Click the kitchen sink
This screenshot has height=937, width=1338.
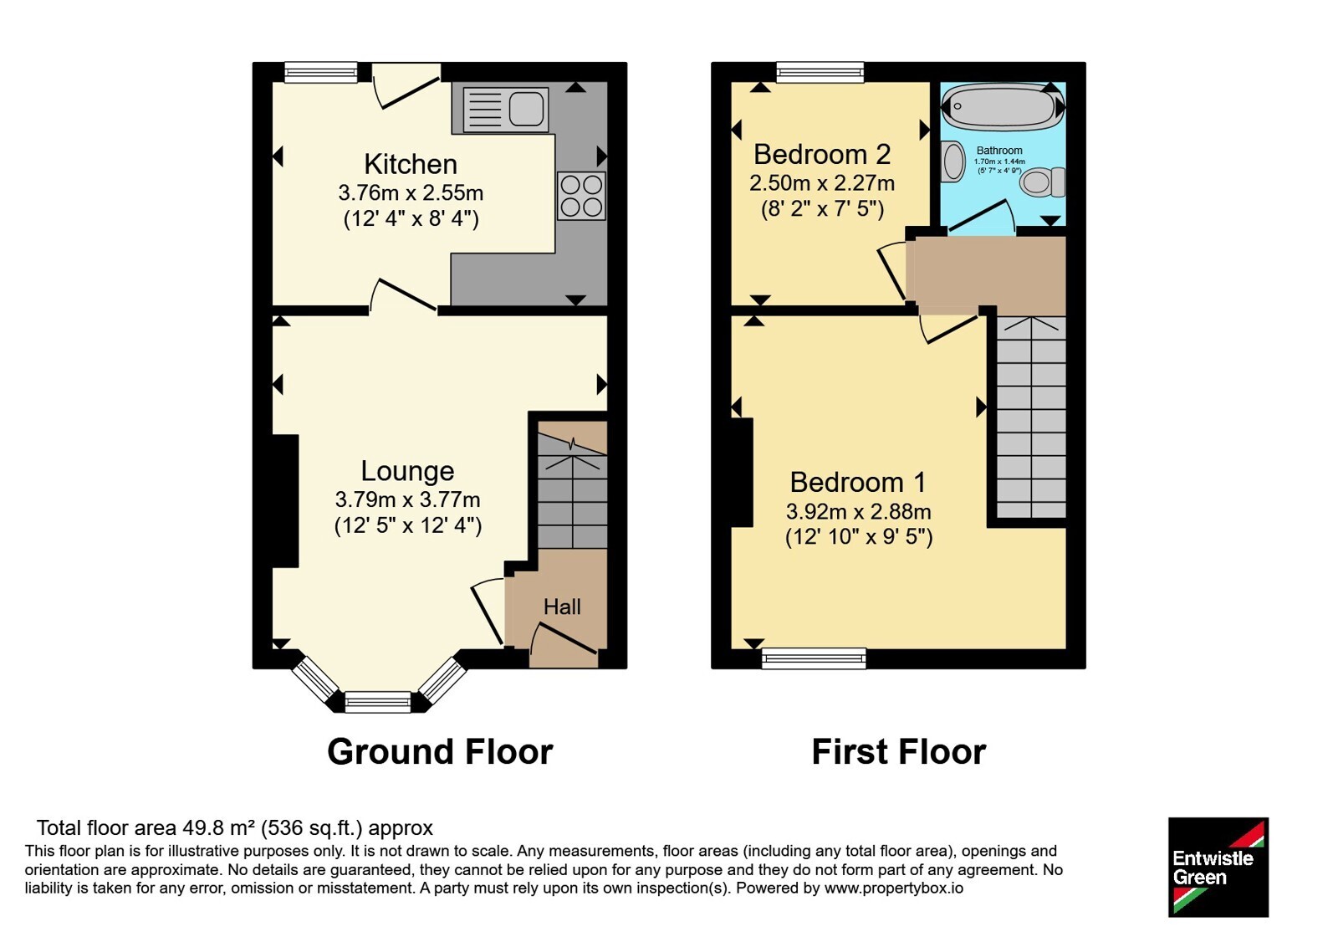505,110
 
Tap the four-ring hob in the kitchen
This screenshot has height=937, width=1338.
581,196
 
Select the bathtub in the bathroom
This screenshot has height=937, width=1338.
1003,106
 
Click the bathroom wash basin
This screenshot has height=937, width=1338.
952,161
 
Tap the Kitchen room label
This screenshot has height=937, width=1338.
411,164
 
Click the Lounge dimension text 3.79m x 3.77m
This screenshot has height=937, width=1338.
407,499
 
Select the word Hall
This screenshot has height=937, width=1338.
561,607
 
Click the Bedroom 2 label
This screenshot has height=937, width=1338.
822,154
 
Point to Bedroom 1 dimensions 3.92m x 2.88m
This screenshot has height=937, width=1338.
858,511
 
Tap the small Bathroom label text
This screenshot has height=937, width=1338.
999,151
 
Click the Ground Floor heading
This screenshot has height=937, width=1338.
440,752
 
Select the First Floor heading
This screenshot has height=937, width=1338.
898,752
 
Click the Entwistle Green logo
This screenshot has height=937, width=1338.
1218,867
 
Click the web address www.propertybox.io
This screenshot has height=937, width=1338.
894,888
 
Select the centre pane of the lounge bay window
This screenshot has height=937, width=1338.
378,702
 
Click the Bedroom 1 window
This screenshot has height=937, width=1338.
814,658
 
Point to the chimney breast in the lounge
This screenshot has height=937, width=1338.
285,501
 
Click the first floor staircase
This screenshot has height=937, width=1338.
1032,417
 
